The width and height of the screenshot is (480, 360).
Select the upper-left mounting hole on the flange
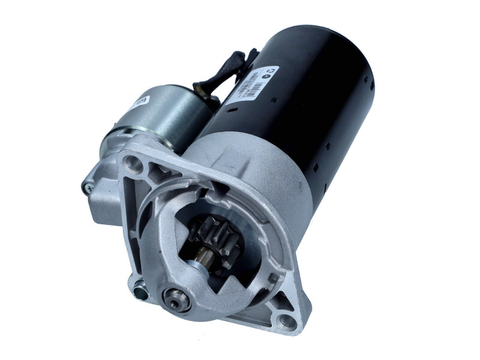point(133,163)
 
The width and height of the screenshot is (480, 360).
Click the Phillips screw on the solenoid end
point(88,187)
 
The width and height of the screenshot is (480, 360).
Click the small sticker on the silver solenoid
point(141,102)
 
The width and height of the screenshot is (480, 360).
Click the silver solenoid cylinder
point(168,114)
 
